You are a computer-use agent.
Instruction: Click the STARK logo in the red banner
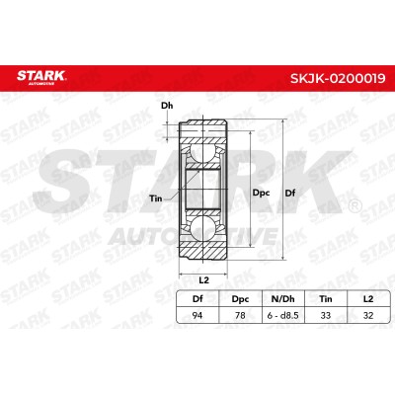coord(41,77)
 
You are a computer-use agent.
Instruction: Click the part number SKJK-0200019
coord(338,78)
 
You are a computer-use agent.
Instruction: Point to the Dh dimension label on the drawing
coord(167,106)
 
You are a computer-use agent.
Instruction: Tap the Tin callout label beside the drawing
coord(156,198)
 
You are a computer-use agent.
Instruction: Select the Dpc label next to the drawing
coord(261,193)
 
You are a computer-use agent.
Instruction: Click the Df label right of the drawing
coord(290,193)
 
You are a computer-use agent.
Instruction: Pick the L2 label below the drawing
coord(204,280)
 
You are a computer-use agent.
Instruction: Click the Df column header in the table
coord(197,299)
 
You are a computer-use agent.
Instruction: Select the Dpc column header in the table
coord(240,299)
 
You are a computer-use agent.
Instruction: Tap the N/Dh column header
coord(282,299)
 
